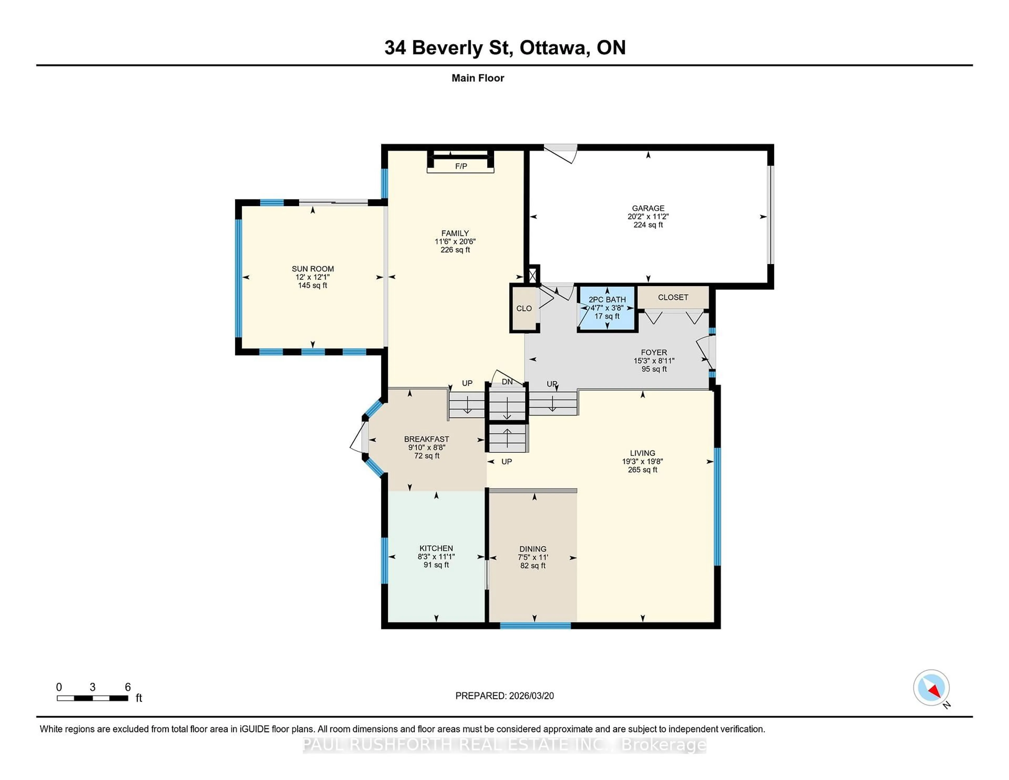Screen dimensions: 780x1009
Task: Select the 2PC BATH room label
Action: point(607,299)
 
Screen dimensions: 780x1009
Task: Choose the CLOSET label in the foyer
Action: point(673,297)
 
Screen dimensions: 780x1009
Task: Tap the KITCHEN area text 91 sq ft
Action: point(436,565)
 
